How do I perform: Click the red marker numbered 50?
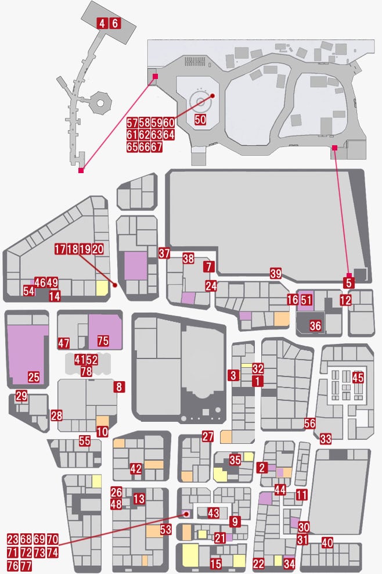(200, 119)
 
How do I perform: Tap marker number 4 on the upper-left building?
(102, 23)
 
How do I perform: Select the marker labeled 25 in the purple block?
(34, 376)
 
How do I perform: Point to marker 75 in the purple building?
(103, 341)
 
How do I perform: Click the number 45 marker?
(358, 377)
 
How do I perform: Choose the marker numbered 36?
(315, 325)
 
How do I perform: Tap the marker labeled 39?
(276, 273)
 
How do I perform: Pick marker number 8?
(119, 387)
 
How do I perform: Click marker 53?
(166, 529)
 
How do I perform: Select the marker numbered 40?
(327, 543)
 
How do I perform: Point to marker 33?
(325, 438)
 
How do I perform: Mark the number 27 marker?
(207, 436)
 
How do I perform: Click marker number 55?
(85, 441)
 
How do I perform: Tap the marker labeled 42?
(136, 469)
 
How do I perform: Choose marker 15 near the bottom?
(215, 564)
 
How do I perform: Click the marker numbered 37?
(164, 253)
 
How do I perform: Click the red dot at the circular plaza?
(212, 95)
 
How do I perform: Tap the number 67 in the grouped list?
(156, 147)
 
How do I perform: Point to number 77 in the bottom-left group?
(26, 566)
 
